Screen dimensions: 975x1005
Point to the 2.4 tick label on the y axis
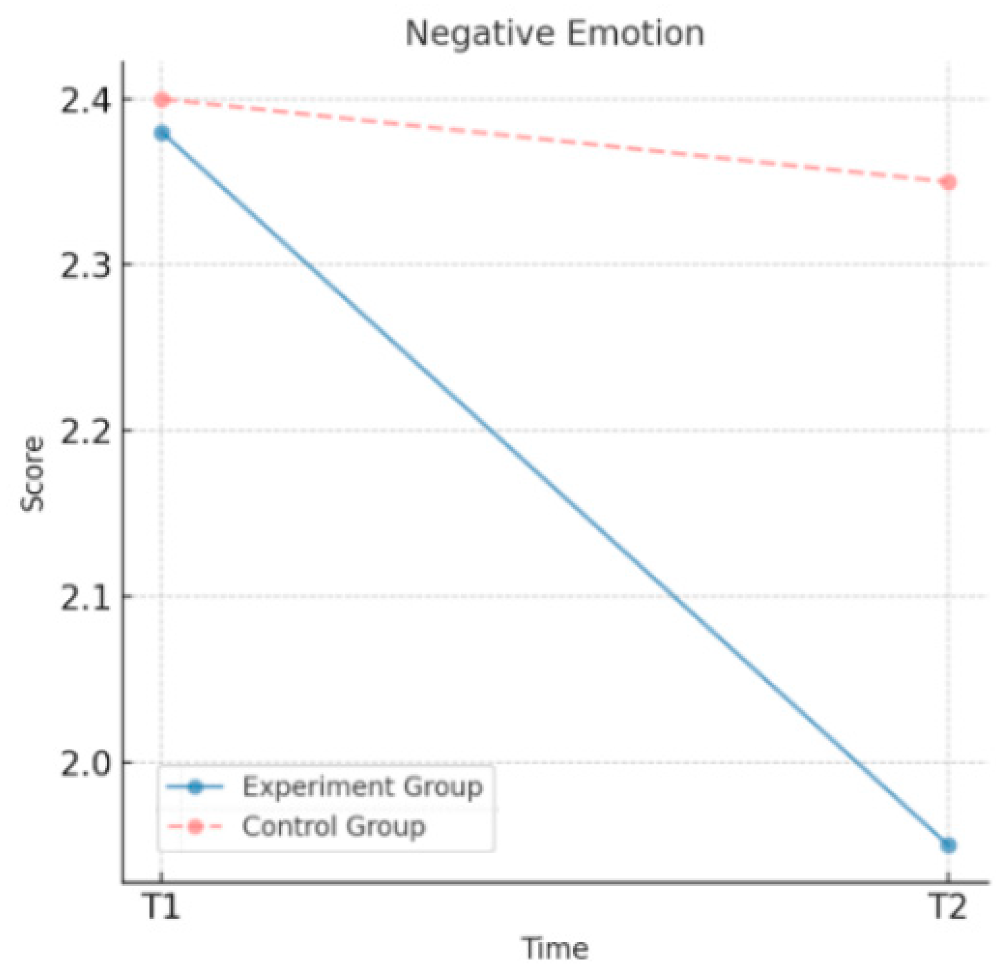point(86,100)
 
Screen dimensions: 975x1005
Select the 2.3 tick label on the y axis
point(86,265)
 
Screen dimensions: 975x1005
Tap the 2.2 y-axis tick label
point(86,432)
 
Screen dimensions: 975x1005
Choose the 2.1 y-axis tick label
point(86,597)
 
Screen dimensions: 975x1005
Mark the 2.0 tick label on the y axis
point(86,763)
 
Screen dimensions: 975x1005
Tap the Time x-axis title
point(555,948)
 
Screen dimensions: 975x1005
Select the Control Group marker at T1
point(162,99)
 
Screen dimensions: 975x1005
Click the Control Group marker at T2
point(949,182)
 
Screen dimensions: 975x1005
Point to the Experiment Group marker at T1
point(162,133)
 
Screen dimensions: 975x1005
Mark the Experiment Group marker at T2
point(949,845)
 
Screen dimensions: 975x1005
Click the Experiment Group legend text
point(363,787)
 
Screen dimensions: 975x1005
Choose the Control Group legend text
point(334,827)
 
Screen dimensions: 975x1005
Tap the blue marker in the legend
point(195,787)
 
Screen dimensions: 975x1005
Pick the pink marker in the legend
point(195,827)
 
